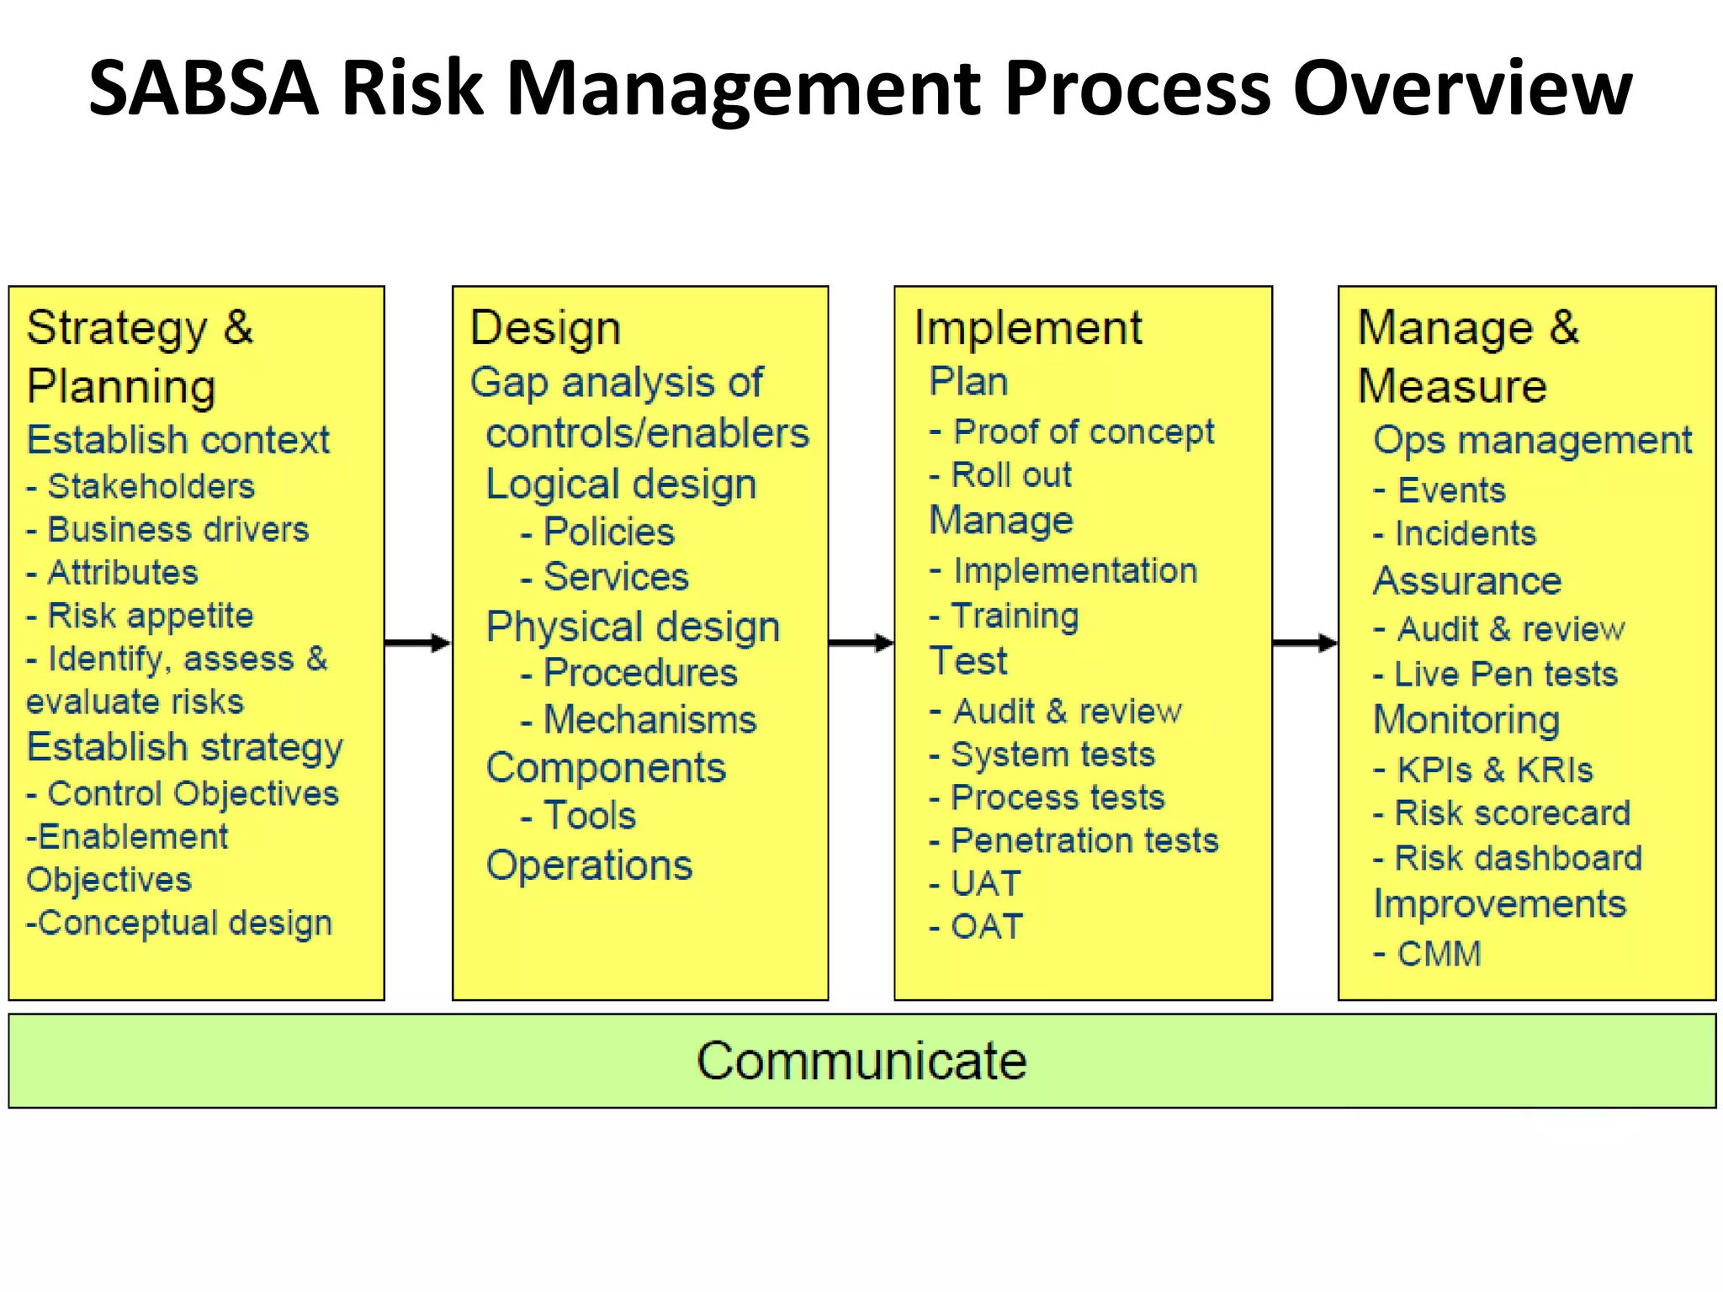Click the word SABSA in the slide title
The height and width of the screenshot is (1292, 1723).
[204, 87]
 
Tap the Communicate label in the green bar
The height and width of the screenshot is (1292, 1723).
[861, 1061]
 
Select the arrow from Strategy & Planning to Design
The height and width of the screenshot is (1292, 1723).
[418, 643]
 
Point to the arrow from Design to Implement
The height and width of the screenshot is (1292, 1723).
[861, 643]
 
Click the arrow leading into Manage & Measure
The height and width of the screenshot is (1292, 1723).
[1305, 643]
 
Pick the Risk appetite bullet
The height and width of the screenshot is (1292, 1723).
[150, 616]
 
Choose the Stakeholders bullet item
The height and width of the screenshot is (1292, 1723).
[150, 486]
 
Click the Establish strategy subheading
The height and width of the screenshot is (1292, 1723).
[185, 747]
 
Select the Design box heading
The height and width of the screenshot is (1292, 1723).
[545, 328]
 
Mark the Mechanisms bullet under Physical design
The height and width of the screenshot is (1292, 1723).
[649, 720]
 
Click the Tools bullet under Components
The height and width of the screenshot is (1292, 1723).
[589, 815]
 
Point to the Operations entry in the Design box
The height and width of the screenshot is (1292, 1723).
[589, 865]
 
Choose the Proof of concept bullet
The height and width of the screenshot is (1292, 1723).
[1083, 432]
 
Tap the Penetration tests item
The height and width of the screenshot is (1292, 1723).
[1084, 840]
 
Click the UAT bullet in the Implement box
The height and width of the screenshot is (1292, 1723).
[985, 883]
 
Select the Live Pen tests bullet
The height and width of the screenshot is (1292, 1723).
[1505, 674]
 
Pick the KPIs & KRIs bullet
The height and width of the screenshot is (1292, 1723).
[1494, 770]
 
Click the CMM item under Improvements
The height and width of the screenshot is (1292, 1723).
[1439, 954]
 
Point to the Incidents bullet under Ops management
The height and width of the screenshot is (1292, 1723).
[1465, 533]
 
